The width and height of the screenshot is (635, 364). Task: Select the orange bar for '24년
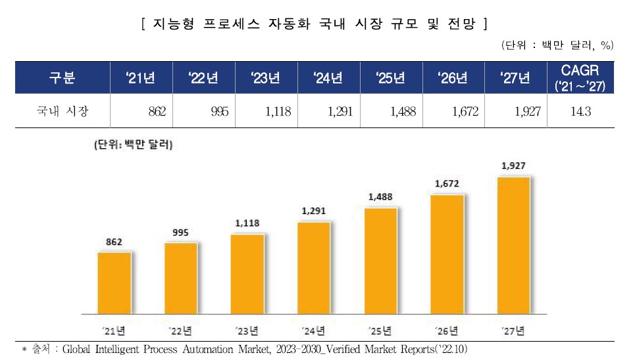tap(313, 267)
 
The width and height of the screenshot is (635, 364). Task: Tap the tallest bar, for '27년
tap(513, 244)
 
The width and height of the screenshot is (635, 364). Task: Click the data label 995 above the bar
tap(180, 232)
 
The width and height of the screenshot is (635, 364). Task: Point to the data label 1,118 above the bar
tap(247, 223)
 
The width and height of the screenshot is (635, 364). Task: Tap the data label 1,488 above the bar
tap(380, 196)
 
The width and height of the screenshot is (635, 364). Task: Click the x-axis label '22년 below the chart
tap(180, 329)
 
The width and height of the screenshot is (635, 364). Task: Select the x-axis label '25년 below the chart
tap(380, 329)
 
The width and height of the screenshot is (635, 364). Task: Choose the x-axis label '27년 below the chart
tap(513, 329)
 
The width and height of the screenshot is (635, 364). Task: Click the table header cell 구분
tap(63, 79)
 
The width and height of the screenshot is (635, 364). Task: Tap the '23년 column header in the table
tap(265, 79)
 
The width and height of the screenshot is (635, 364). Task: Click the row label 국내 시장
tap(63, 112)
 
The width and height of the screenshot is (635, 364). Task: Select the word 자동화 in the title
tap(288, 25)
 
